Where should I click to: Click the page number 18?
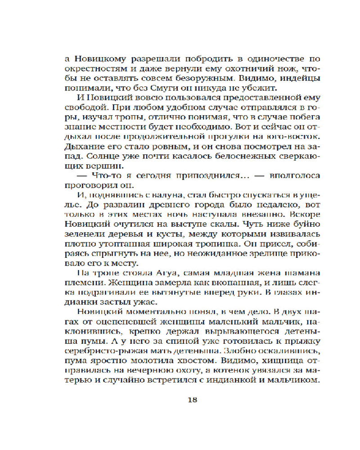pos(192,399)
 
